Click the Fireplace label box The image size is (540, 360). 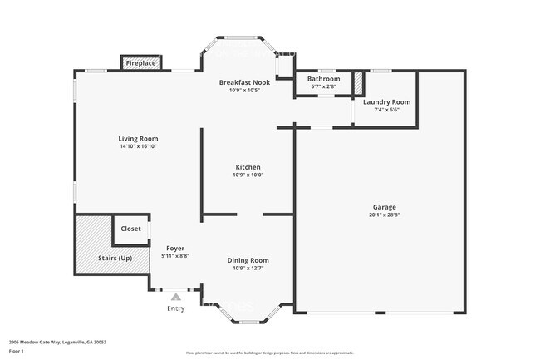click(x=141, y=63)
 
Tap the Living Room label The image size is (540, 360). click(x=138, y=139)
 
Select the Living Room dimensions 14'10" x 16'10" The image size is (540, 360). click(x=138, y=146)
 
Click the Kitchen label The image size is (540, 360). click(x=248, y=167)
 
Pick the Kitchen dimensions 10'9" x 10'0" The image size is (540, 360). click(x=248, y=175)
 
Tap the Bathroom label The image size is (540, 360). click(x=324, y=79)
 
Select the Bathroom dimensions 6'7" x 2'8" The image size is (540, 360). click(x=324, y=86)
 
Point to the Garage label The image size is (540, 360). click(x=384, y=207)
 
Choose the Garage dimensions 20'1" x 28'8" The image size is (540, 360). click(x=384, y=215)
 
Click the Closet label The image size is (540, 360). click(x=131, y=229)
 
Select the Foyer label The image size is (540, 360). click(x=175, y=249)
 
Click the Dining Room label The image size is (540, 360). click(x=248, y=260)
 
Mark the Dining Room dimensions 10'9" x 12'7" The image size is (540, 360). click(x=248, y=268)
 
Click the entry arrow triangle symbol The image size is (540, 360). click(x=175, y=296)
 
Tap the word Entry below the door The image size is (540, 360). click(x=176, y=308)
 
